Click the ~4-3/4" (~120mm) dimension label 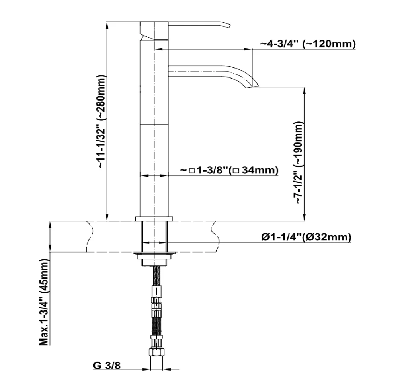[308, 44]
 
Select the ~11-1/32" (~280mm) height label [101, 122]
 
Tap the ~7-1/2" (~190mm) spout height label [298, 163]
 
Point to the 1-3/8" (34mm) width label [229, 170]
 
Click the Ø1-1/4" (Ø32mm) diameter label [306, 237]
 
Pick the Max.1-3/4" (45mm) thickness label [44, 302]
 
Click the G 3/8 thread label [107, 365]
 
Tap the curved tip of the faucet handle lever [228, 25]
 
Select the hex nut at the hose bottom [157, 352]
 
